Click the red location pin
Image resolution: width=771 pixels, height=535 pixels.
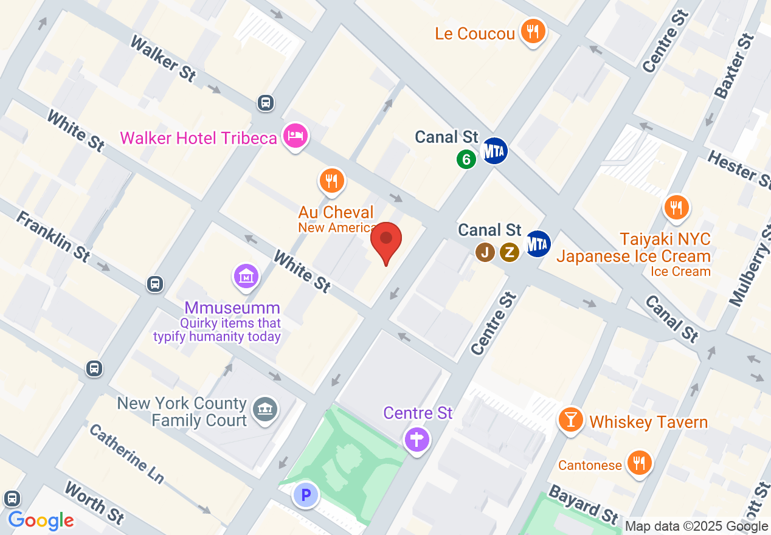386,240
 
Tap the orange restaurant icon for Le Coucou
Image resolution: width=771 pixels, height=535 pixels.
533,31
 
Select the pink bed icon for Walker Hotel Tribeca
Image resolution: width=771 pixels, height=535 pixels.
295,136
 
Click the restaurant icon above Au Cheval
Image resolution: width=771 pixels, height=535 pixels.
331,181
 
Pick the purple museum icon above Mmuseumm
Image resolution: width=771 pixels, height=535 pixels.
246,277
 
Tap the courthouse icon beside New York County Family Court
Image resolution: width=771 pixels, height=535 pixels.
266,408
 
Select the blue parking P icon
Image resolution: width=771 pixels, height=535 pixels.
306,495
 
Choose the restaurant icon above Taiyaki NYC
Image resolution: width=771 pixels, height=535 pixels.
676,207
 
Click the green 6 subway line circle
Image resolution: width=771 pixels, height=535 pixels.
466,159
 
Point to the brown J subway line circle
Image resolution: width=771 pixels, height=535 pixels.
485,252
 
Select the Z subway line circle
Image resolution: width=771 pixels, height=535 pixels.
510,252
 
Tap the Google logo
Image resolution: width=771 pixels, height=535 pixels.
41,520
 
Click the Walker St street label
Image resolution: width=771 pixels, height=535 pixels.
163,59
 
